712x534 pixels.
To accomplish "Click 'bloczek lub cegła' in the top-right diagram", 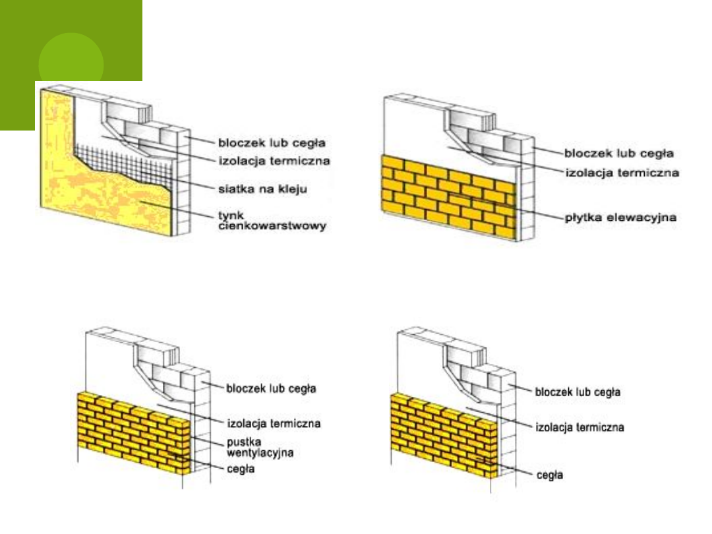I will (x=618, y=153).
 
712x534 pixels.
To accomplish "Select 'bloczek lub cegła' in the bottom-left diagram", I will (x=271, y=388).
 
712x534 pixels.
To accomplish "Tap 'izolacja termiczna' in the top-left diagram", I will (x=274, y=160).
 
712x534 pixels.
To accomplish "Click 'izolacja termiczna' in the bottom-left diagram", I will (x=274, y=423).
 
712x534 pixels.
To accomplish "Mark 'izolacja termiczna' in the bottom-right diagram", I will (x=578, y=427).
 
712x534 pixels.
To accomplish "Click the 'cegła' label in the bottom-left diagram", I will (x=241, y=470).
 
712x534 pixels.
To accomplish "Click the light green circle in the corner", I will (x=71, y=65).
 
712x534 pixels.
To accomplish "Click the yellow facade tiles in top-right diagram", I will (x=448, y=191).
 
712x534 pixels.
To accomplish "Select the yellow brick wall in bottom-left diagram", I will (x=132, y=432).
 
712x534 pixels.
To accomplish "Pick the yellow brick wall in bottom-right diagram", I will (x=442, y=432).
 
